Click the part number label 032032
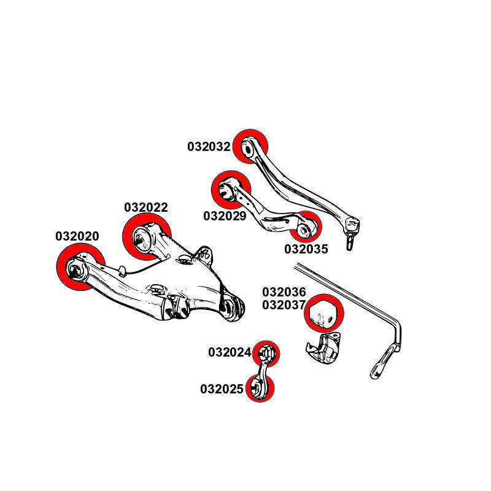tap(209, 147)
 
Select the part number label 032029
tap(225, 216)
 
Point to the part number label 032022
tap(145, 207)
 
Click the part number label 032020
tap(77, 236)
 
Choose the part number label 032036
tap(284, 293)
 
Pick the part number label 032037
tap(284, 306)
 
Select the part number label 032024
tap(230, 352)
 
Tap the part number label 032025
tap(222, 389)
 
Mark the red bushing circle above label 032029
tap(231, 190)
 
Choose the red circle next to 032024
tap(266, 354)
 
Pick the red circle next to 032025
tap(260, 388)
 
